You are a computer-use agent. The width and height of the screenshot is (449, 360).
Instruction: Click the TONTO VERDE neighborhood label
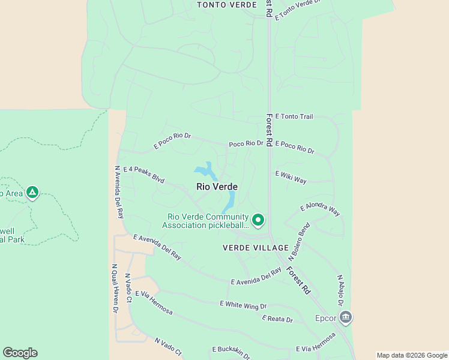219,5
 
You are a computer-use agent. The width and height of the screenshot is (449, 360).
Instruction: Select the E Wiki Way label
291,176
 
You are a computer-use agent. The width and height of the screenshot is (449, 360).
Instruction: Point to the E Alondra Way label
320,209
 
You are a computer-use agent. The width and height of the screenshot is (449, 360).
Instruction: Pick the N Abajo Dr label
340,290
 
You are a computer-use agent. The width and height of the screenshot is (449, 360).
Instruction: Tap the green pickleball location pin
258,220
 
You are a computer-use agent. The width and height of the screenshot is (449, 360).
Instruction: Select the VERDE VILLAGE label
255,248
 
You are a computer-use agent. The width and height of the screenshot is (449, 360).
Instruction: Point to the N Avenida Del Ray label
119,191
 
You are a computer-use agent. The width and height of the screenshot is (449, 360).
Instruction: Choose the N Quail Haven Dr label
115,289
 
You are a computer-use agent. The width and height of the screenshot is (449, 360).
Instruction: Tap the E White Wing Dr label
243,305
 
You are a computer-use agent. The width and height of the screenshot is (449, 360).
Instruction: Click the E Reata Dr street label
277,319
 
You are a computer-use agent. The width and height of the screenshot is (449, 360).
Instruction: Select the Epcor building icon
345,317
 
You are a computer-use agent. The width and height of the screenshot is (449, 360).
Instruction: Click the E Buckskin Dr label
231,352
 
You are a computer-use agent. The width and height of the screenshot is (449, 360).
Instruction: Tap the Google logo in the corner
20,353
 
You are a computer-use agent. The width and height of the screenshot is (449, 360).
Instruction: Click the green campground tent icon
32,193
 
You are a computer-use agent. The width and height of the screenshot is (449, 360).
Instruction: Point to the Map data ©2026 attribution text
412,355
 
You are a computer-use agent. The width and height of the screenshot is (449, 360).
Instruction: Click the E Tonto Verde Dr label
295,8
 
